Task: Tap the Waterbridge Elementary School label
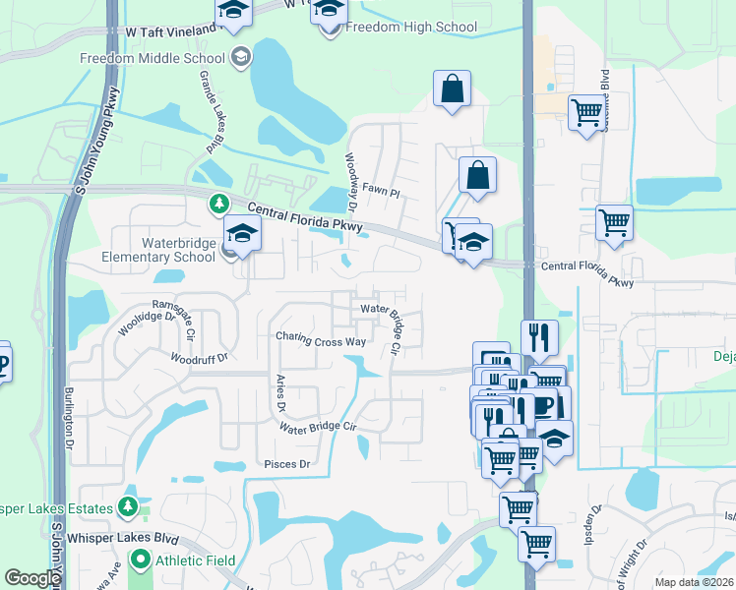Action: tap(163, 250)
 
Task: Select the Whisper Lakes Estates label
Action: tap(57, 507)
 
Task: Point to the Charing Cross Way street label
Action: tap(321, 340)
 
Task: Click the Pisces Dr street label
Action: tap(286, 464)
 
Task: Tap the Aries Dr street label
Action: tap(279, 392)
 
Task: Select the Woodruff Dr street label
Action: tap(199, 358)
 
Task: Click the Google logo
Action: tap(32, 578)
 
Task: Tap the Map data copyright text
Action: tap(693, 582)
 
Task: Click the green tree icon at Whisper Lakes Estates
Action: tap(127, 506)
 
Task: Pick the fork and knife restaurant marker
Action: tap(539, 337)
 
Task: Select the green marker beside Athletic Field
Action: tap(141, 561)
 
